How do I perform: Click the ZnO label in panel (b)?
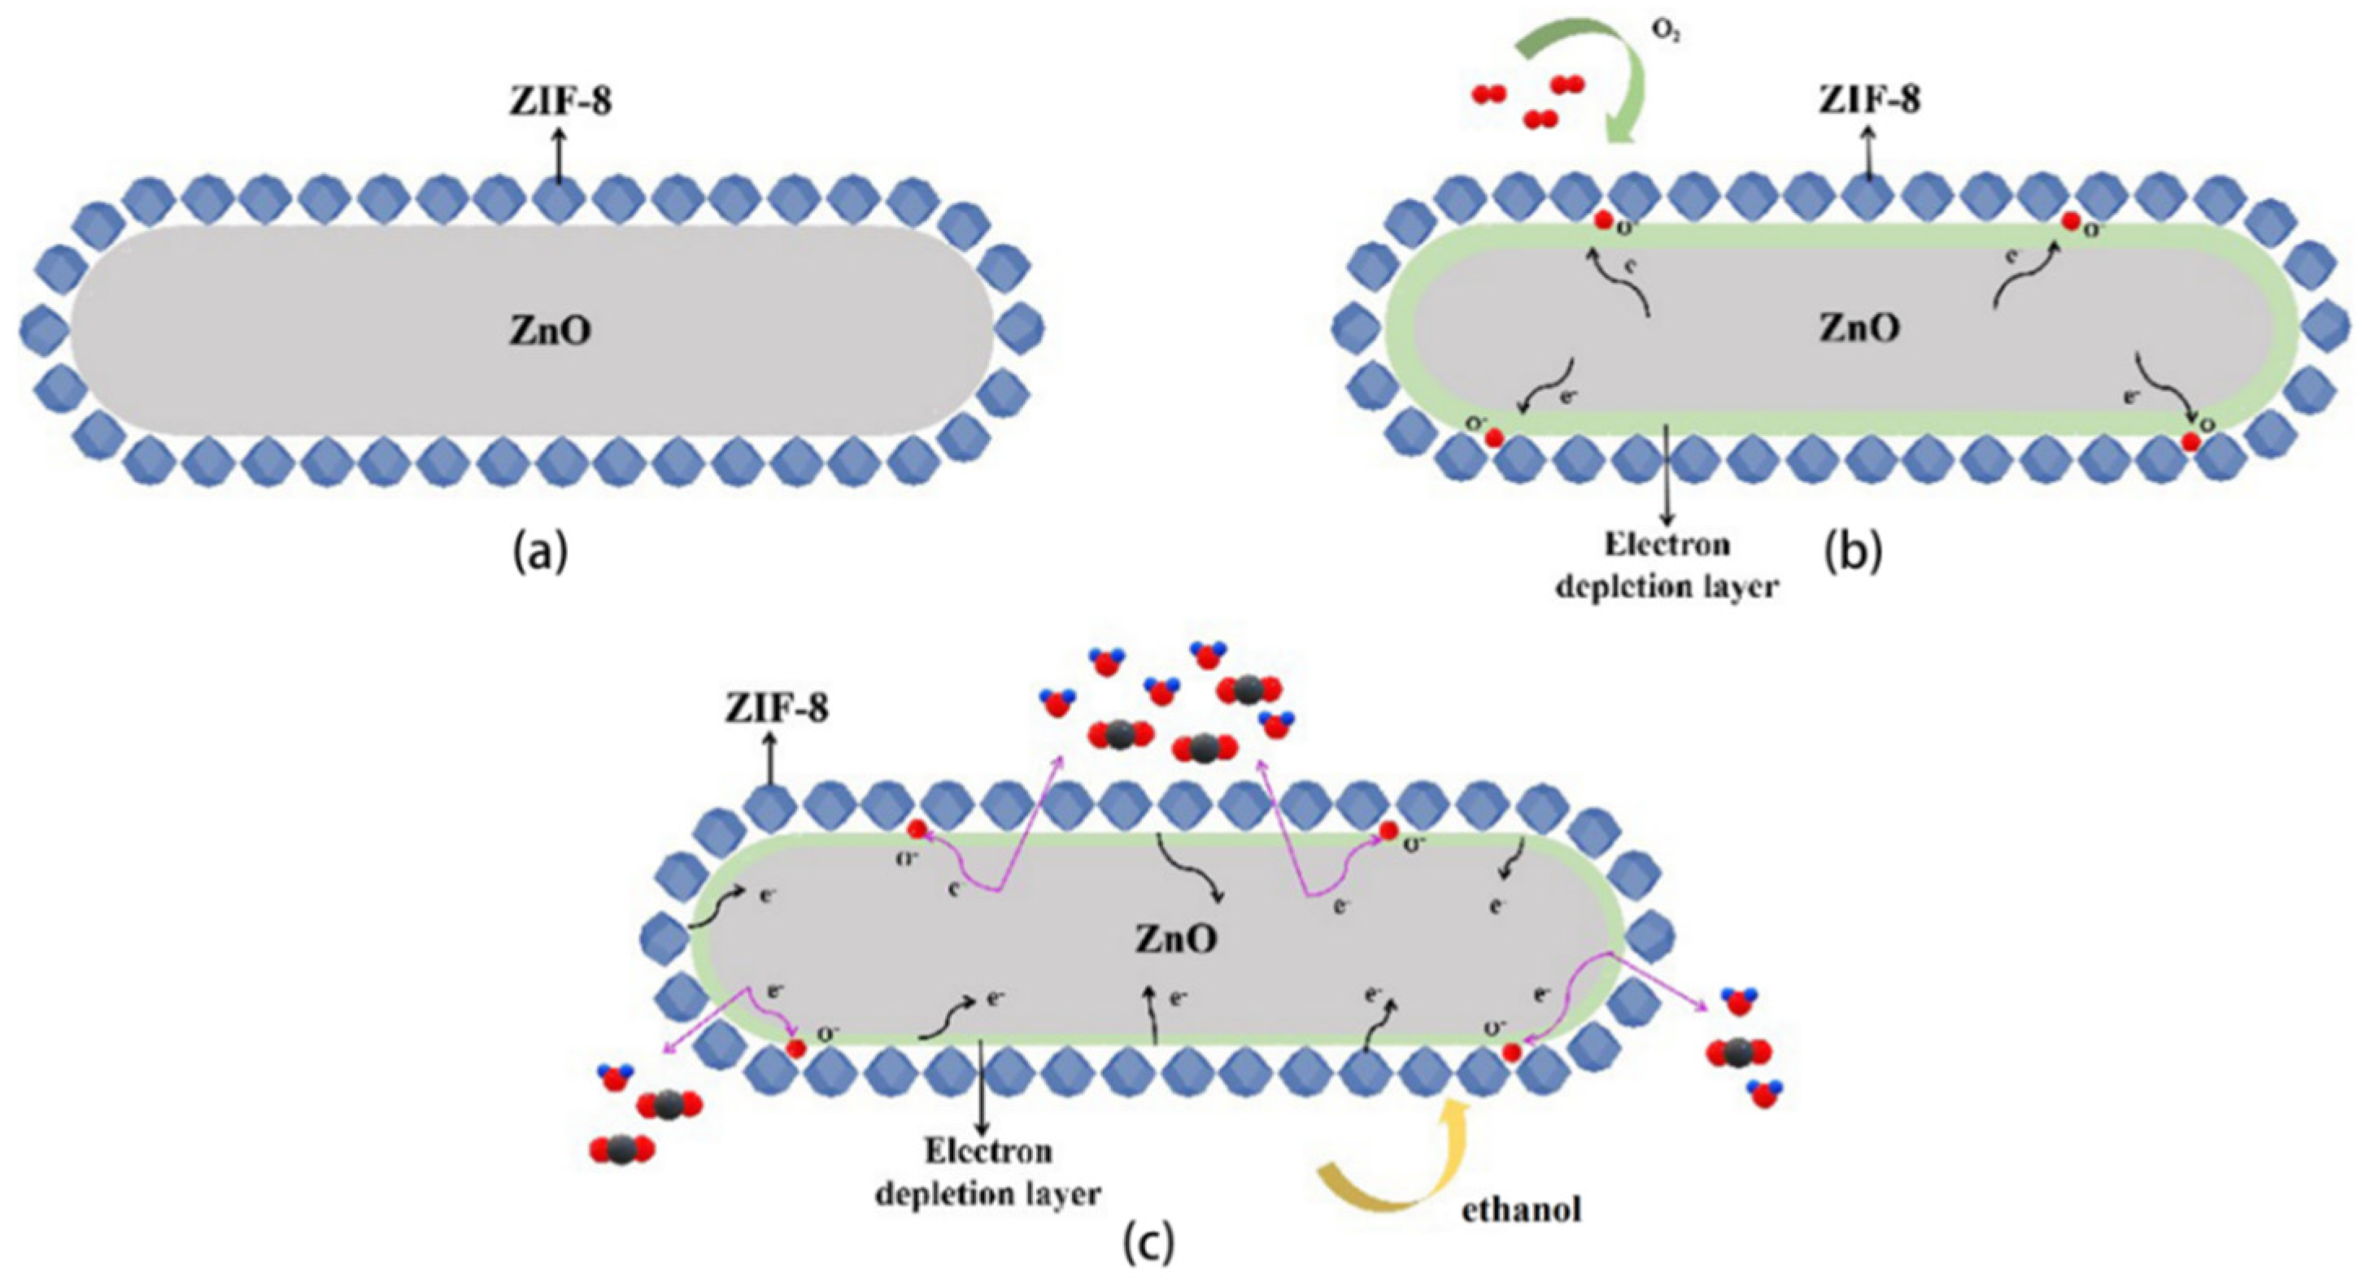point(1860,328)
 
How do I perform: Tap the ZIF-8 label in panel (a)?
point(561,103)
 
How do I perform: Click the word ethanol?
point(1521,1210)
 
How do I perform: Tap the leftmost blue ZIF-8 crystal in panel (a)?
point(44,325)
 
